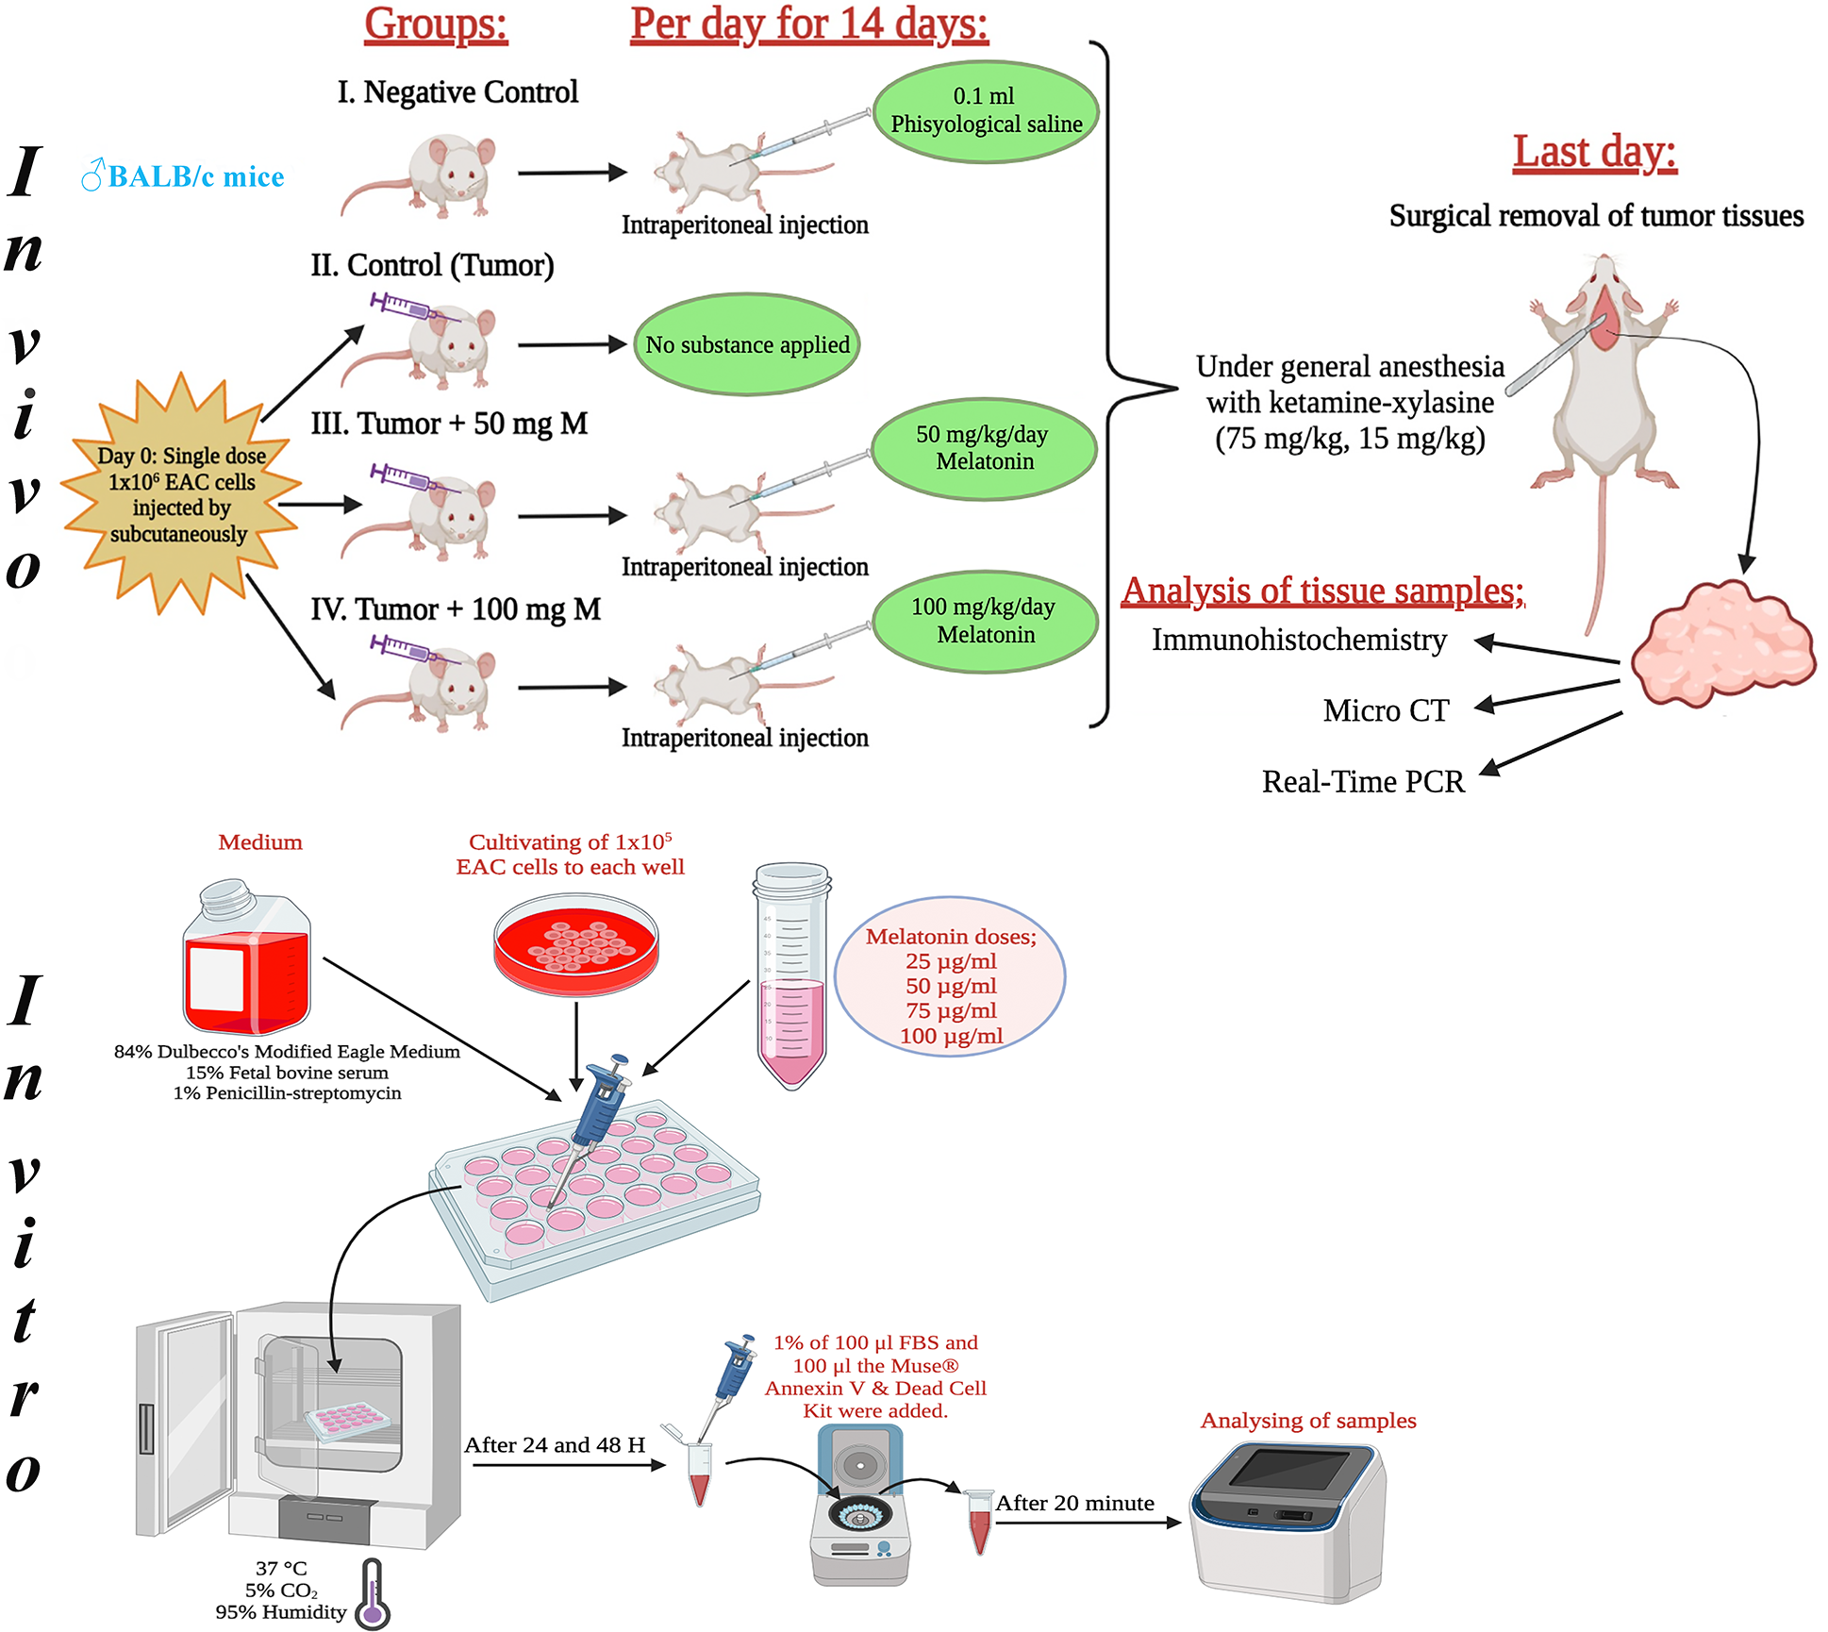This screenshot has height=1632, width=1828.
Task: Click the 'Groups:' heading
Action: point(436,25)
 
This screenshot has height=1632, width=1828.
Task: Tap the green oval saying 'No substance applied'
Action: point(746,345)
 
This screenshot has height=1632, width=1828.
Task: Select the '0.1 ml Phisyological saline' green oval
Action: point(986,111)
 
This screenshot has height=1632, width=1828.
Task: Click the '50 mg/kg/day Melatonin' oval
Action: point(984,448)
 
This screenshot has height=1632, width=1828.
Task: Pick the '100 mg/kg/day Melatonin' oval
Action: point(985,621)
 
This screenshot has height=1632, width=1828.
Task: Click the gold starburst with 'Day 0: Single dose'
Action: point(181,494)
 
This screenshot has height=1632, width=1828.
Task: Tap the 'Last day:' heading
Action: point(1594,153)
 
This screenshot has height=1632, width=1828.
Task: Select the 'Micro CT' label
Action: point(1385,710)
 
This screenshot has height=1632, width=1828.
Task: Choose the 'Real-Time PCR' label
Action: point(1363,782)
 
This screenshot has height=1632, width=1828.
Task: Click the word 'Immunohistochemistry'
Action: point(1299,641)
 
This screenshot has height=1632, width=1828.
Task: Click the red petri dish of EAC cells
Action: point(576,944)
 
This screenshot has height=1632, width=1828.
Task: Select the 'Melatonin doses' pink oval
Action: point(950,977)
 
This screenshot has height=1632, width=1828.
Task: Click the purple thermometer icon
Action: point(373,1594)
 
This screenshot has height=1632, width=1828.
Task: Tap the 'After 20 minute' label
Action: point(1074,1504)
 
